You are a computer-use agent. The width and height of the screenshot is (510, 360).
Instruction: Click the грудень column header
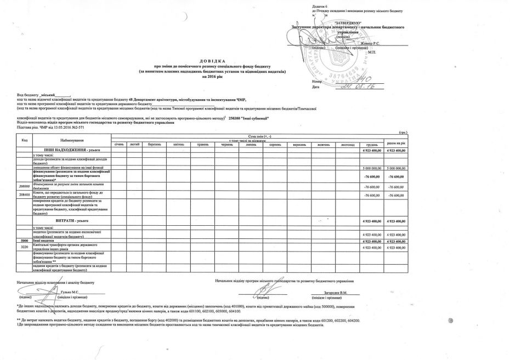pos(371,144)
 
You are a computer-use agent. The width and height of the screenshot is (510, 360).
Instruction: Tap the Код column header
pos(24,140)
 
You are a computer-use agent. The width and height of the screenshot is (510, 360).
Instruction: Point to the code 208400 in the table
pos(24,195)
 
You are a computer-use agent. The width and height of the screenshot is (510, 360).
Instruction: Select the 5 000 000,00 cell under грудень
pos(371,167)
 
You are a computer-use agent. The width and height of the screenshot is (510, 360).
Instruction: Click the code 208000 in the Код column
pos(24,186)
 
